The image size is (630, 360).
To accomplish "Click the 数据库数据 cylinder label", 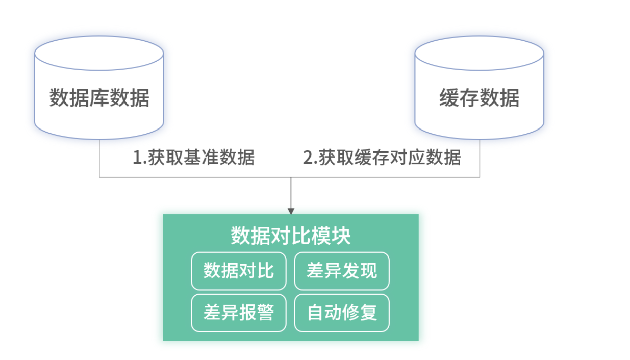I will tap(99, 97).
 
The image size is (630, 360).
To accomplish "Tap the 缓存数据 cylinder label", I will tap(479, 97).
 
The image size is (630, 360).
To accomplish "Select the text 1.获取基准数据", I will tap(193, 158).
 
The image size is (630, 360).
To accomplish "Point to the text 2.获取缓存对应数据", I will tap(382, 158).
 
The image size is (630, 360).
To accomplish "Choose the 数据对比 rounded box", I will tap(238, 271).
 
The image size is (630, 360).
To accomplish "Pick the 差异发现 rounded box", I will tap(341, 271).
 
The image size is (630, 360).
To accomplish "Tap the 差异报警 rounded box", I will tap(238, 313).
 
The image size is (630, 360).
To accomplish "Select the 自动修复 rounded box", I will tap(341, 313).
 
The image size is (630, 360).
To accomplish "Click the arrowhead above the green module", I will tap(291, 211).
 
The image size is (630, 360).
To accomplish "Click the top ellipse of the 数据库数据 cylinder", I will tap(99, 53).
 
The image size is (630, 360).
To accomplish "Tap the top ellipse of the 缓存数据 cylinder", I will tap(479, 53).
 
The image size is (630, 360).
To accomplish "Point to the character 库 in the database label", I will tap(99, 97).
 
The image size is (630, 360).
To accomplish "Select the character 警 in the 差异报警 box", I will tap(265, 313).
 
